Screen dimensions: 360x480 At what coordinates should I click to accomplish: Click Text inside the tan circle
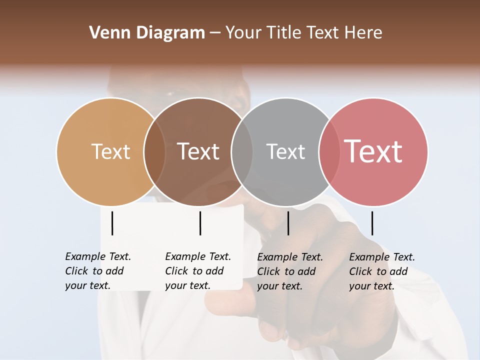(110, 151)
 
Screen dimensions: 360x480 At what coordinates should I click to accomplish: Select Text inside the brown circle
(198, 151)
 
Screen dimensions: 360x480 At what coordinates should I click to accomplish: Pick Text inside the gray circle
(285, 151)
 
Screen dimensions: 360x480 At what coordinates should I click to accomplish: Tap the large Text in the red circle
(373, 151)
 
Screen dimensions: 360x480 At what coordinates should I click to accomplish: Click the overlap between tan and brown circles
(154, 151)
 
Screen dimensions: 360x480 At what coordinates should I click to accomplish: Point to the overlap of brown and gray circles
(242, 151)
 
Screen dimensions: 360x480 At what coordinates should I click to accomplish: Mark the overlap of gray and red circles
(329, 151)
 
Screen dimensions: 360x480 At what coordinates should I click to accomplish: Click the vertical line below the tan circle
(112, 223)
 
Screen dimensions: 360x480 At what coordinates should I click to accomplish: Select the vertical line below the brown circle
(200, 223)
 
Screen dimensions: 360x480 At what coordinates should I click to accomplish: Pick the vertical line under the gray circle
(288, 223)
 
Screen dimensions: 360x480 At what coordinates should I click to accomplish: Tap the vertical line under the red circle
(372, 223)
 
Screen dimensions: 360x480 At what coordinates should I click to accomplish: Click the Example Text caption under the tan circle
(98, 271)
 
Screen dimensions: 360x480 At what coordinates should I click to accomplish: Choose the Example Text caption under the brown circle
(198, 271)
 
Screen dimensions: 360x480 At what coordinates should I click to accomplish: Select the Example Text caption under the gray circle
(290, 271)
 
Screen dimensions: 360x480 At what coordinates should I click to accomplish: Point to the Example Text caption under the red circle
(382, 271)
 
